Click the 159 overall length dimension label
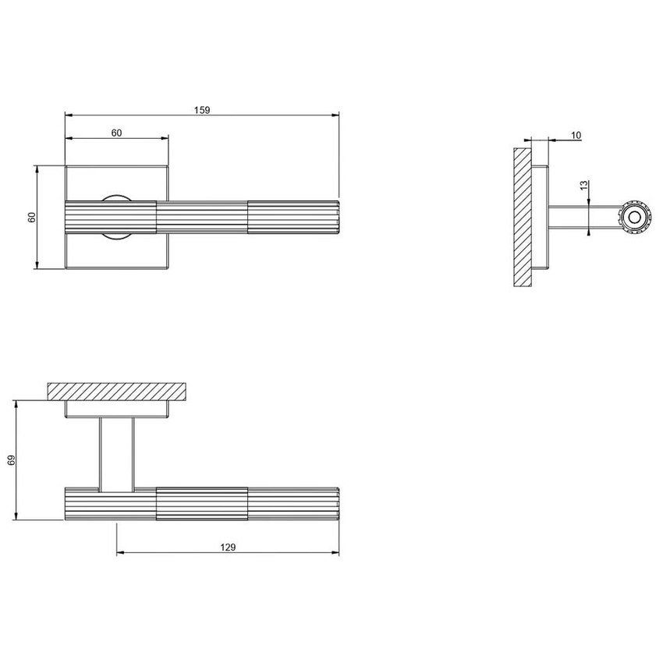[201, 110]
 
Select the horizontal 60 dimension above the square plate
[116, 133]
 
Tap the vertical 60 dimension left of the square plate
[32, 218]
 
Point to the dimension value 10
[576, 135]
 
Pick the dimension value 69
[11, 461]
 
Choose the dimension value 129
[228, 548]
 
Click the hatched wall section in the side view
[522, 217]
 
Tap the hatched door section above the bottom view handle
[116, 391]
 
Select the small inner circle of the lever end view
[633, 218]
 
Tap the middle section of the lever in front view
[202, 218]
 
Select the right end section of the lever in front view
[293, 218]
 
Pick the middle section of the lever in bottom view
[202, 504]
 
